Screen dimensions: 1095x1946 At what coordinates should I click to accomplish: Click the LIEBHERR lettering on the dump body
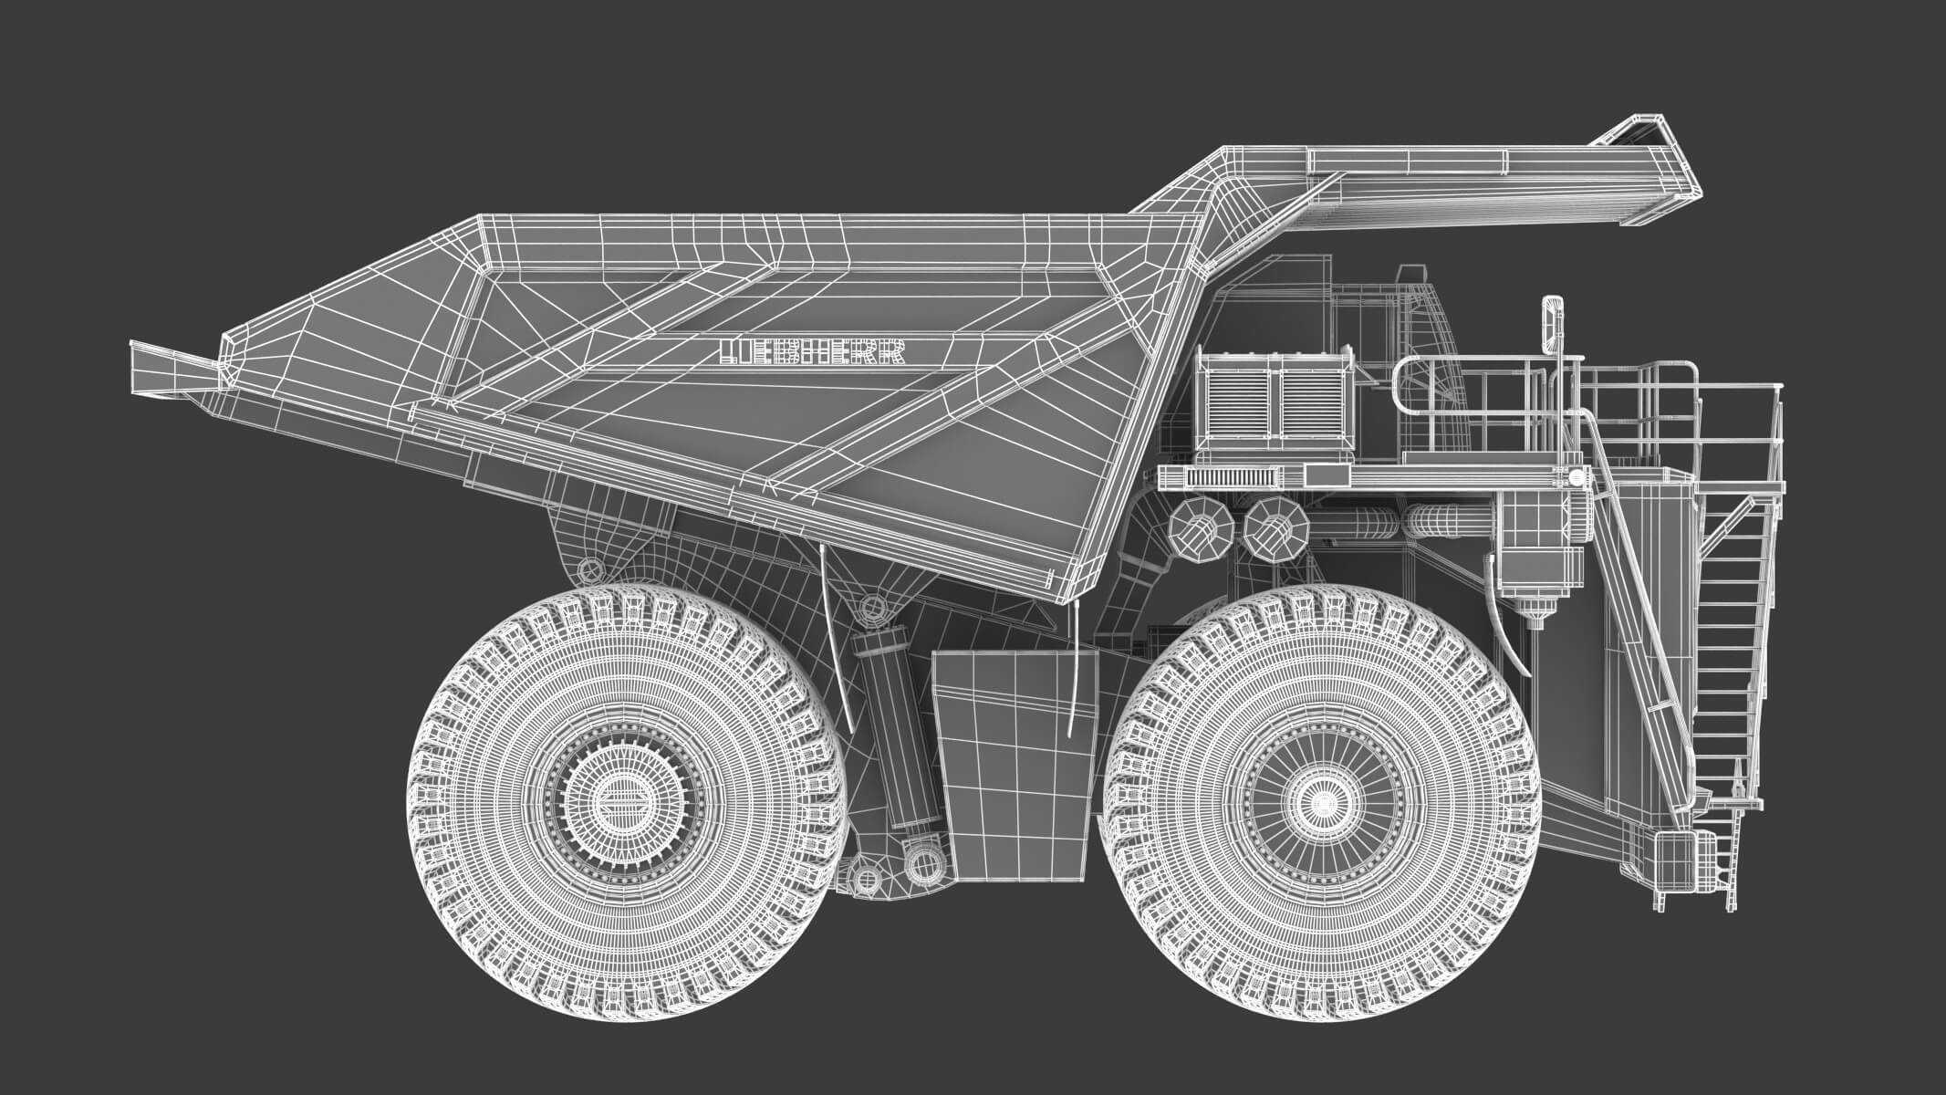point(812,353)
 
